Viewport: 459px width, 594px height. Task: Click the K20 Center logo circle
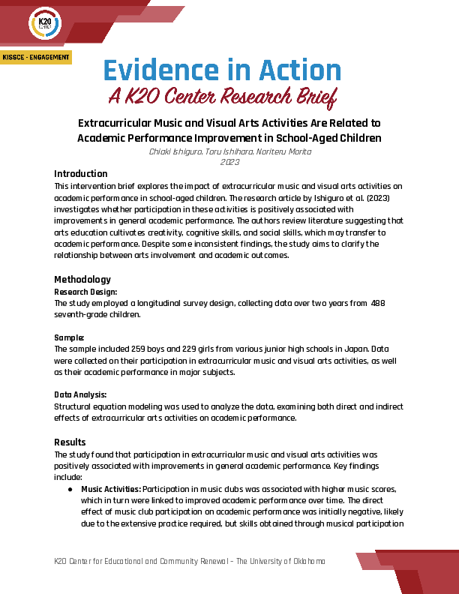point(45,24)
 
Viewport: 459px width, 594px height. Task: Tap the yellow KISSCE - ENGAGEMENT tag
point(36,58)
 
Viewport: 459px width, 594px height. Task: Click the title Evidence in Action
point(222,70)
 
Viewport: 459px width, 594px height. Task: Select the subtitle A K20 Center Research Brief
point(222,97)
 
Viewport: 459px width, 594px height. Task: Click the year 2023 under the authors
point(229,161)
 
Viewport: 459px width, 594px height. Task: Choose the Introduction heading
point(81,174)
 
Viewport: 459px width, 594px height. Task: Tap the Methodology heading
point(82,280)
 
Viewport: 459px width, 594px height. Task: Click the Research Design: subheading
point(85,291)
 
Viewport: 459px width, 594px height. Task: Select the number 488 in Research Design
point(378,303)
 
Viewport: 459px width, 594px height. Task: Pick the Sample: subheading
point(70,337)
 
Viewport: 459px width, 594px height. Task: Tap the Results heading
point(70,442)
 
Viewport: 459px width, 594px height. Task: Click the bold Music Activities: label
point(111,488)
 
